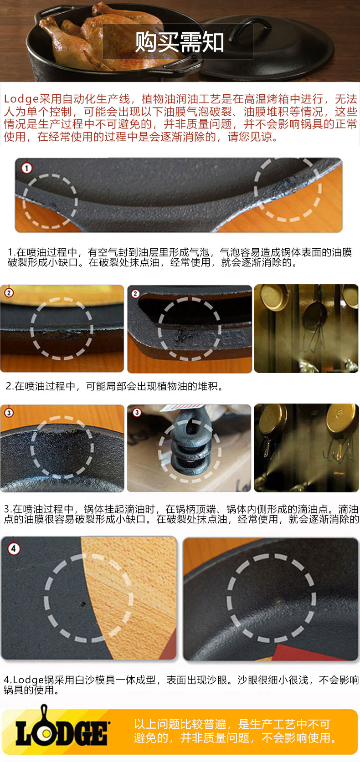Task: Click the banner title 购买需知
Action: tap(180, 42)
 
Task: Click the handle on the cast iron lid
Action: tap(250, 27)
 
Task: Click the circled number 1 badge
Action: tap(26, 168)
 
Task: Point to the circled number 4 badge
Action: tap(14, 548)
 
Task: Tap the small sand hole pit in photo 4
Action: tap(82, 604)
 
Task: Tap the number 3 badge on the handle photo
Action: tap(137, 413)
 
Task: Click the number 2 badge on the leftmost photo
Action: tap(9, 292)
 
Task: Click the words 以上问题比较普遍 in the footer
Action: tap(180, 724)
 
